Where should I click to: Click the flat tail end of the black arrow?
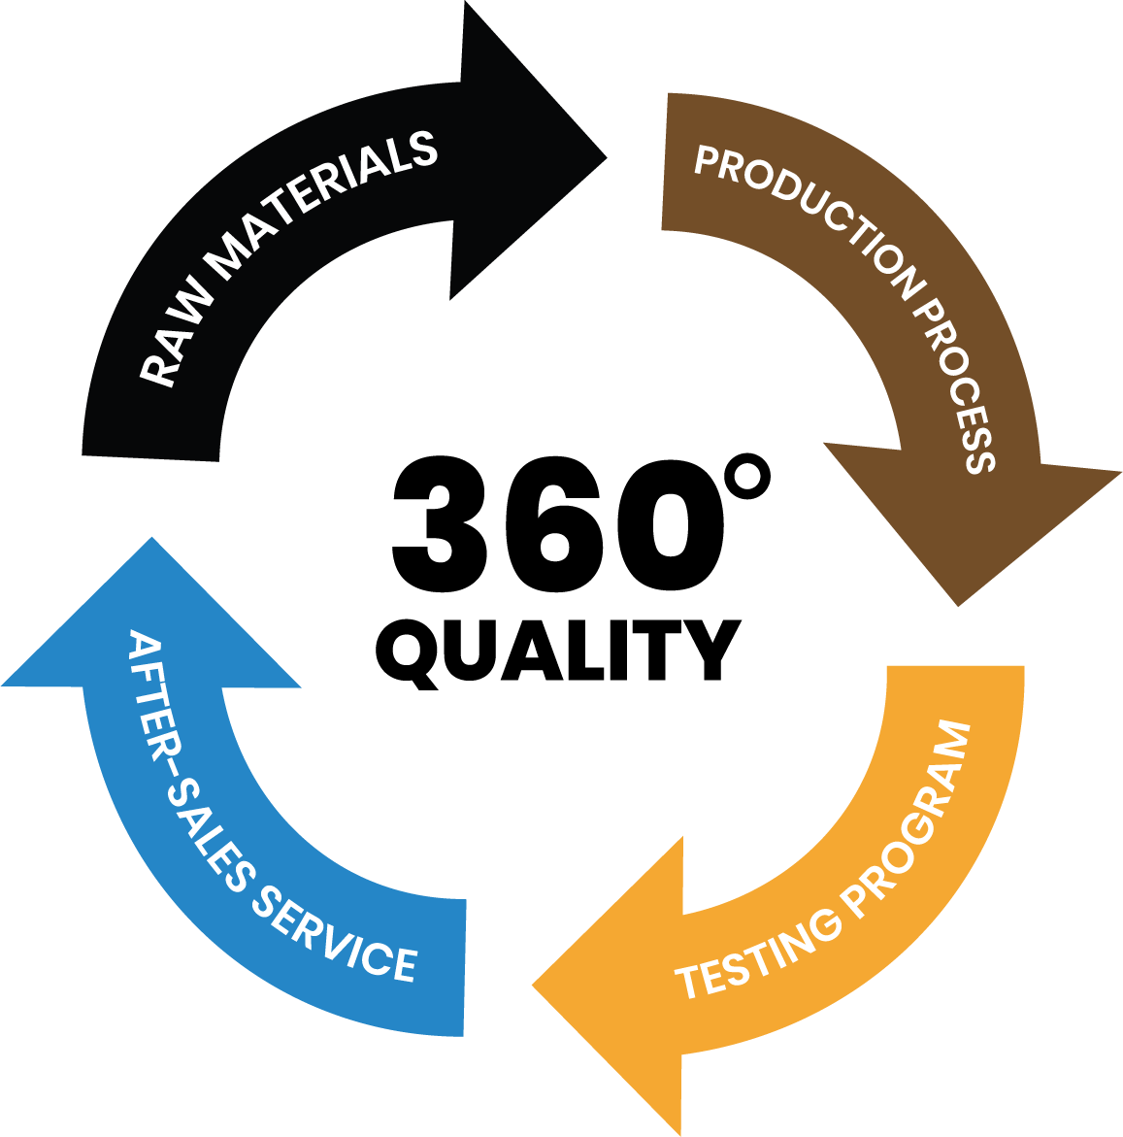[150, 455]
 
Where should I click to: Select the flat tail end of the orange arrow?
[956, 668]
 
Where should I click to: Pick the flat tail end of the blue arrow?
[463, 967]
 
